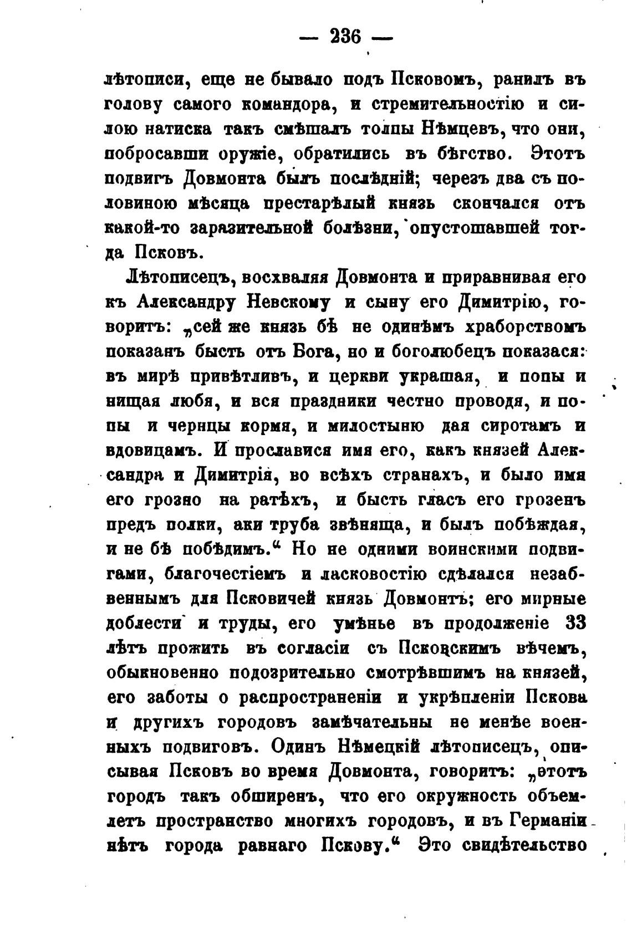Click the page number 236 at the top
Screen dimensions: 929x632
pos(345,38)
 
